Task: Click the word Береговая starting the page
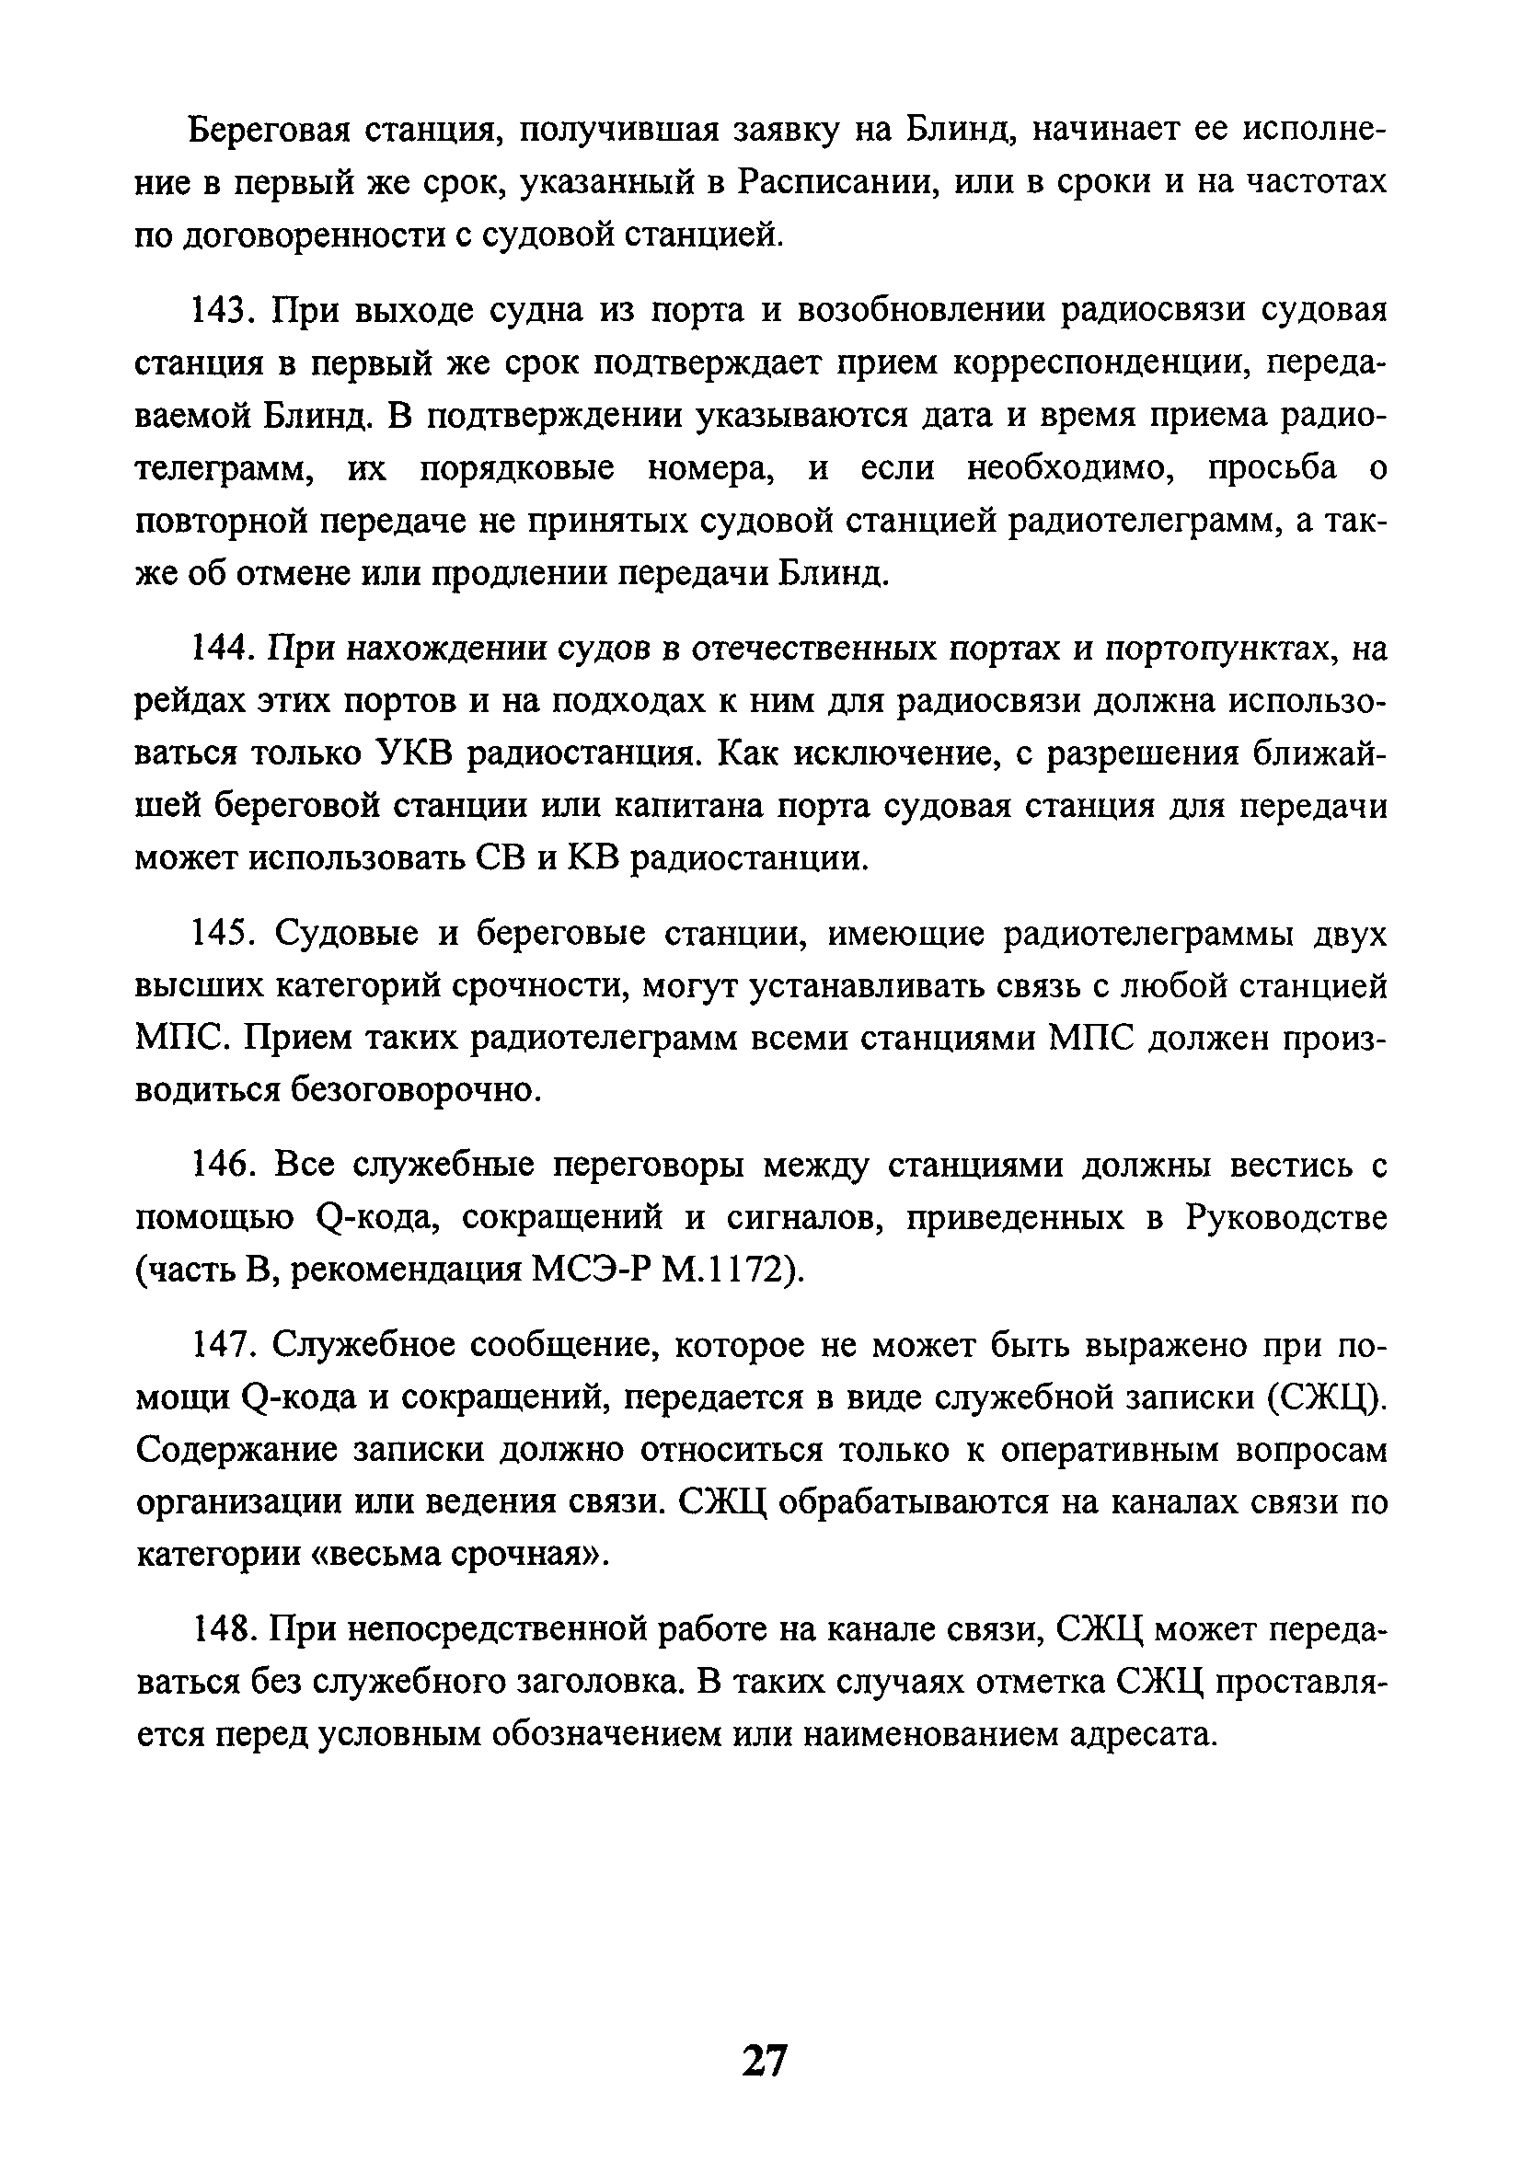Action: point(271,130)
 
